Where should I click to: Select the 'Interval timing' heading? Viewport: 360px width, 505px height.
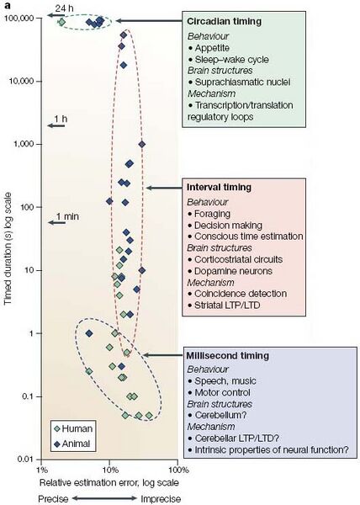click(x=218, y=187)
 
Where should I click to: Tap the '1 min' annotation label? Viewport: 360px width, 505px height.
click(x=67, y=217)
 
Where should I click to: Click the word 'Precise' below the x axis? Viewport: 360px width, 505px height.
click(x=54, y=497)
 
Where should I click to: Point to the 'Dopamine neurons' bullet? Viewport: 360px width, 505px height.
click(x=234, y=271)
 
